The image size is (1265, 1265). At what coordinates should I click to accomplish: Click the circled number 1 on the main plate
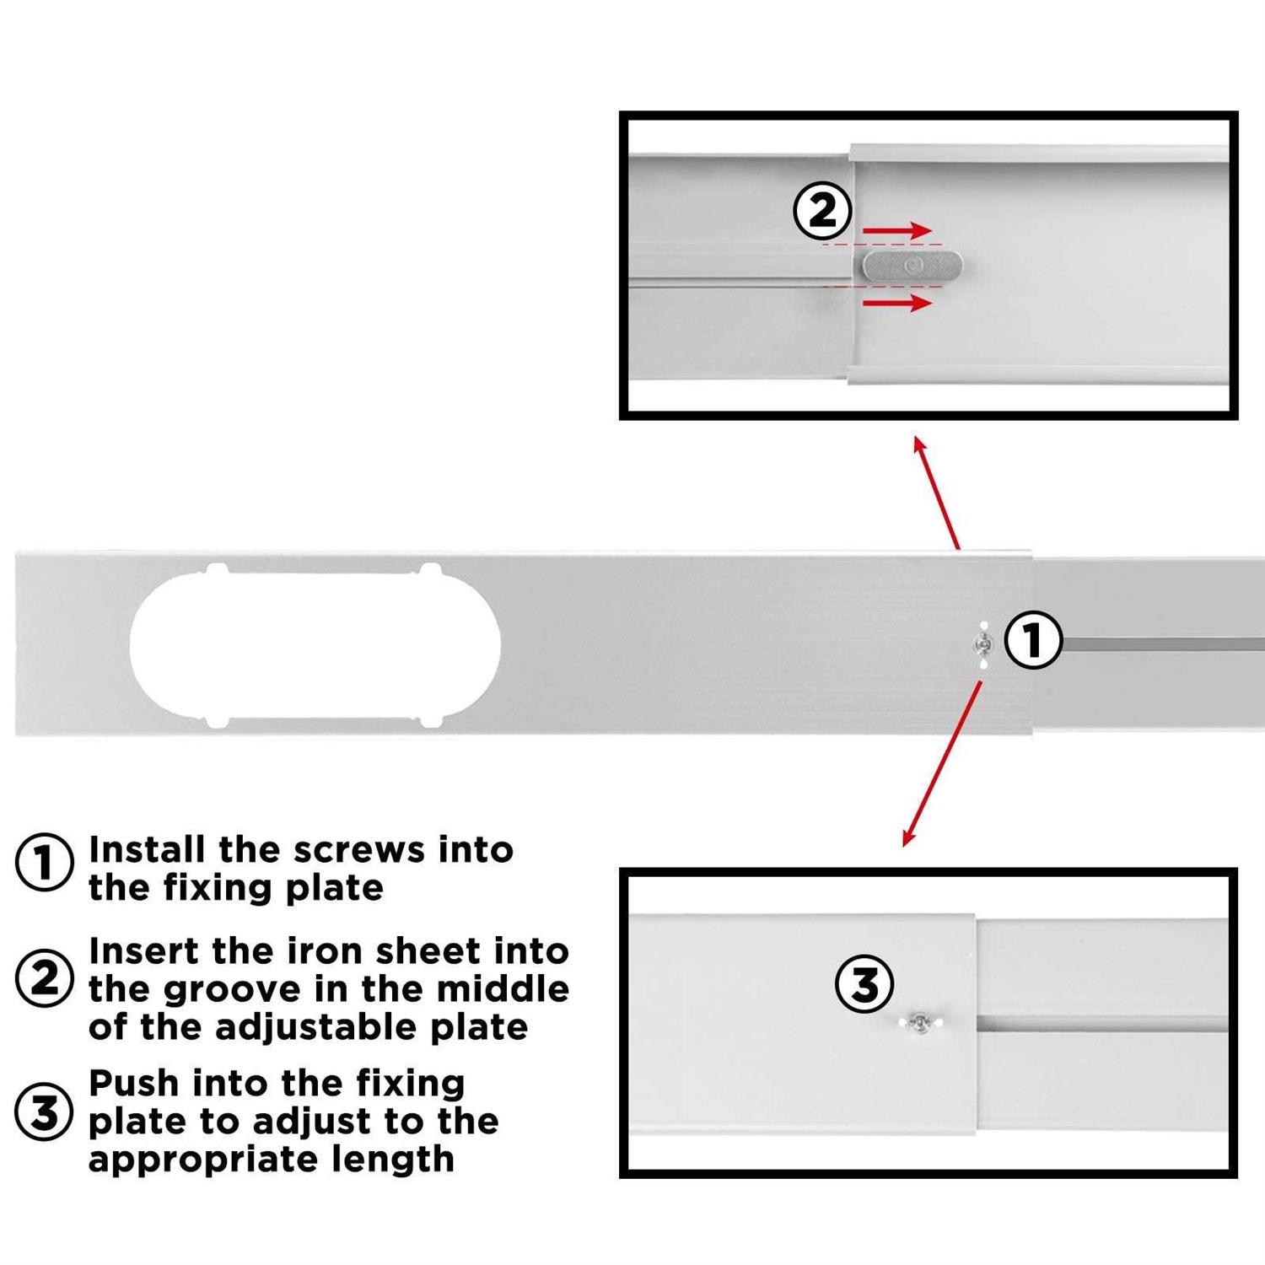[x=1033, y=642]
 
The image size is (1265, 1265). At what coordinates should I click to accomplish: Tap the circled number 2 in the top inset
[x=822, y=211]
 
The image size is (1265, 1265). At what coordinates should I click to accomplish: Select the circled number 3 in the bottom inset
[x=864, y=984]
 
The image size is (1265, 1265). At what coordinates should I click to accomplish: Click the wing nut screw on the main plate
[x=982, y=644]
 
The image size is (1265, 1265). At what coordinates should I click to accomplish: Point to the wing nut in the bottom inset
[x=921, y=1024]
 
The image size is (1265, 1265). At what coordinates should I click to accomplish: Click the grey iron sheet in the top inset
[x=912, y=266]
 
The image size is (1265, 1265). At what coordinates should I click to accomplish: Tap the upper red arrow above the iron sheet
[x=896, y=230]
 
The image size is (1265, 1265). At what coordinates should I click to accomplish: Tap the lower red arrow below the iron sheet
[x=896, y=302]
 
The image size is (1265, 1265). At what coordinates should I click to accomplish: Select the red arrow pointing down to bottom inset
[x=942, y=763]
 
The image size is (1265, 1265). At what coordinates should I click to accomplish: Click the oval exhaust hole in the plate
[x=315, y=645]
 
